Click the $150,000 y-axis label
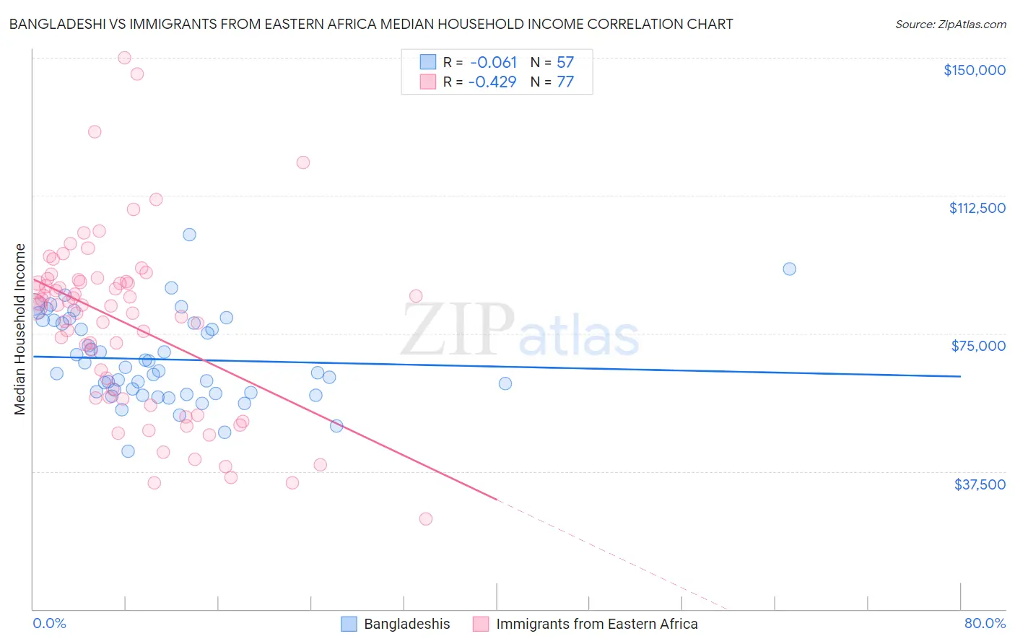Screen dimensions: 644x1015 coord(974,70)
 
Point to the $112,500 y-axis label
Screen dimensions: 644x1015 coord(977,208)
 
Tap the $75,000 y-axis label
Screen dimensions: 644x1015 coord(978,346)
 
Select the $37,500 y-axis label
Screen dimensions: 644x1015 coord(980,484)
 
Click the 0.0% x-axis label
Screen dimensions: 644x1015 coord(49,624)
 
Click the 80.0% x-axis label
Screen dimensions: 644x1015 coord(985,624)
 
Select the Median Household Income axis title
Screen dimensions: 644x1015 coord(20,329)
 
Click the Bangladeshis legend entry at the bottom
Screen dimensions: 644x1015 coord(406,625)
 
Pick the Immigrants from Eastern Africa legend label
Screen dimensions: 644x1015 coord(596,625)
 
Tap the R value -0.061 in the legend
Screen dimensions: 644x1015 coord(493,63)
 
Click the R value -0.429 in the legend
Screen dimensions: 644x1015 coord(492,82)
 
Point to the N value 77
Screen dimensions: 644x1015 coord(565,82)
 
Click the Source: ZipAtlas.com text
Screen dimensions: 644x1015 coord(950,25)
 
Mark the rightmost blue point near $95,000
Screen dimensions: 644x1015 coord(789,269)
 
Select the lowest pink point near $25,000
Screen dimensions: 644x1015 coord(426,519)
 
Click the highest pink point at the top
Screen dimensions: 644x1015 coord(124,58)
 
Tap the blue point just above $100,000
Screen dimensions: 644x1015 coord(189,235)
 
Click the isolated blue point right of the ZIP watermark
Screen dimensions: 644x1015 coord(505,383)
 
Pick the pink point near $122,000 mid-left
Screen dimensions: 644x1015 coord(303,162)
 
